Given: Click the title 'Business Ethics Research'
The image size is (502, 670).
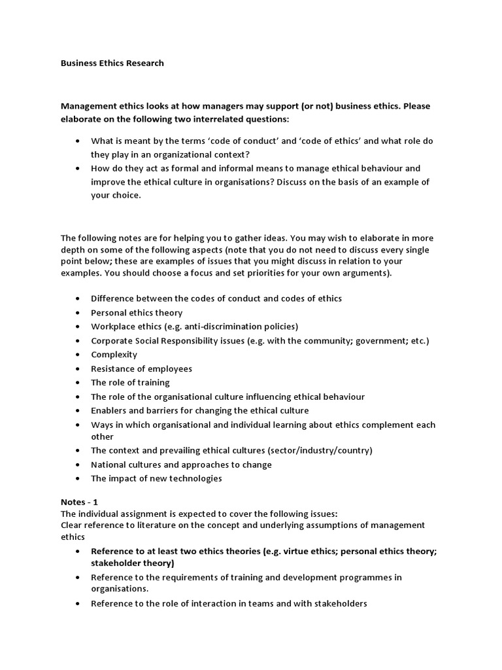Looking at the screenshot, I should (x=112, y=63).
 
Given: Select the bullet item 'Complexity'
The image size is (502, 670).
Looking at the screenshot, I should (x=114, y=355).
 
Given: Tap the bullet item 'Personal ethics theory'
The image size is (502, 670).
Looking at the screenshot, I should (x=137, y=313).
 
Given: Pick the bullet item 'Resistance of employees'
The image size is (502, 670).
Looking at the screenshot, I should (x=141, y=368).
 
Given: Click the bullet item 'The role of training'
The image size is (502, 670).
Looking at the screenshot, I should (x=130, y=382).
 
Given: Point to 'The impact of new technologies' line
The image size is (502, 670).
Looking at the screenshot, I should (x=156, y=478).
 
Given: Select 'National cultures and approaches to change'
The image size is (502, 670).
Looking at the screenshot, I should (x=181, y=465).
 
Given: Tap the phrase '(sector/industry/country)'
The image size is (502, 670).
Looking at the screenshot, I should (x=320, y=451).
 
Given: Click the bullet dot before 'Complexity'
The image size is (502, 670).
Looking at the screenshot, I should (x=78, y=355).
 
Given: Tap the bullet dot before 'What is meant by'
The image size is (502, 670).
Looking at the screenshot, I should (x=78, y=141).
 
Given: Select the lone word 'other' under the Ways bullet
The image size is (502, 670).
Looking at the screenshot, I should (x=102, y=436).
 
